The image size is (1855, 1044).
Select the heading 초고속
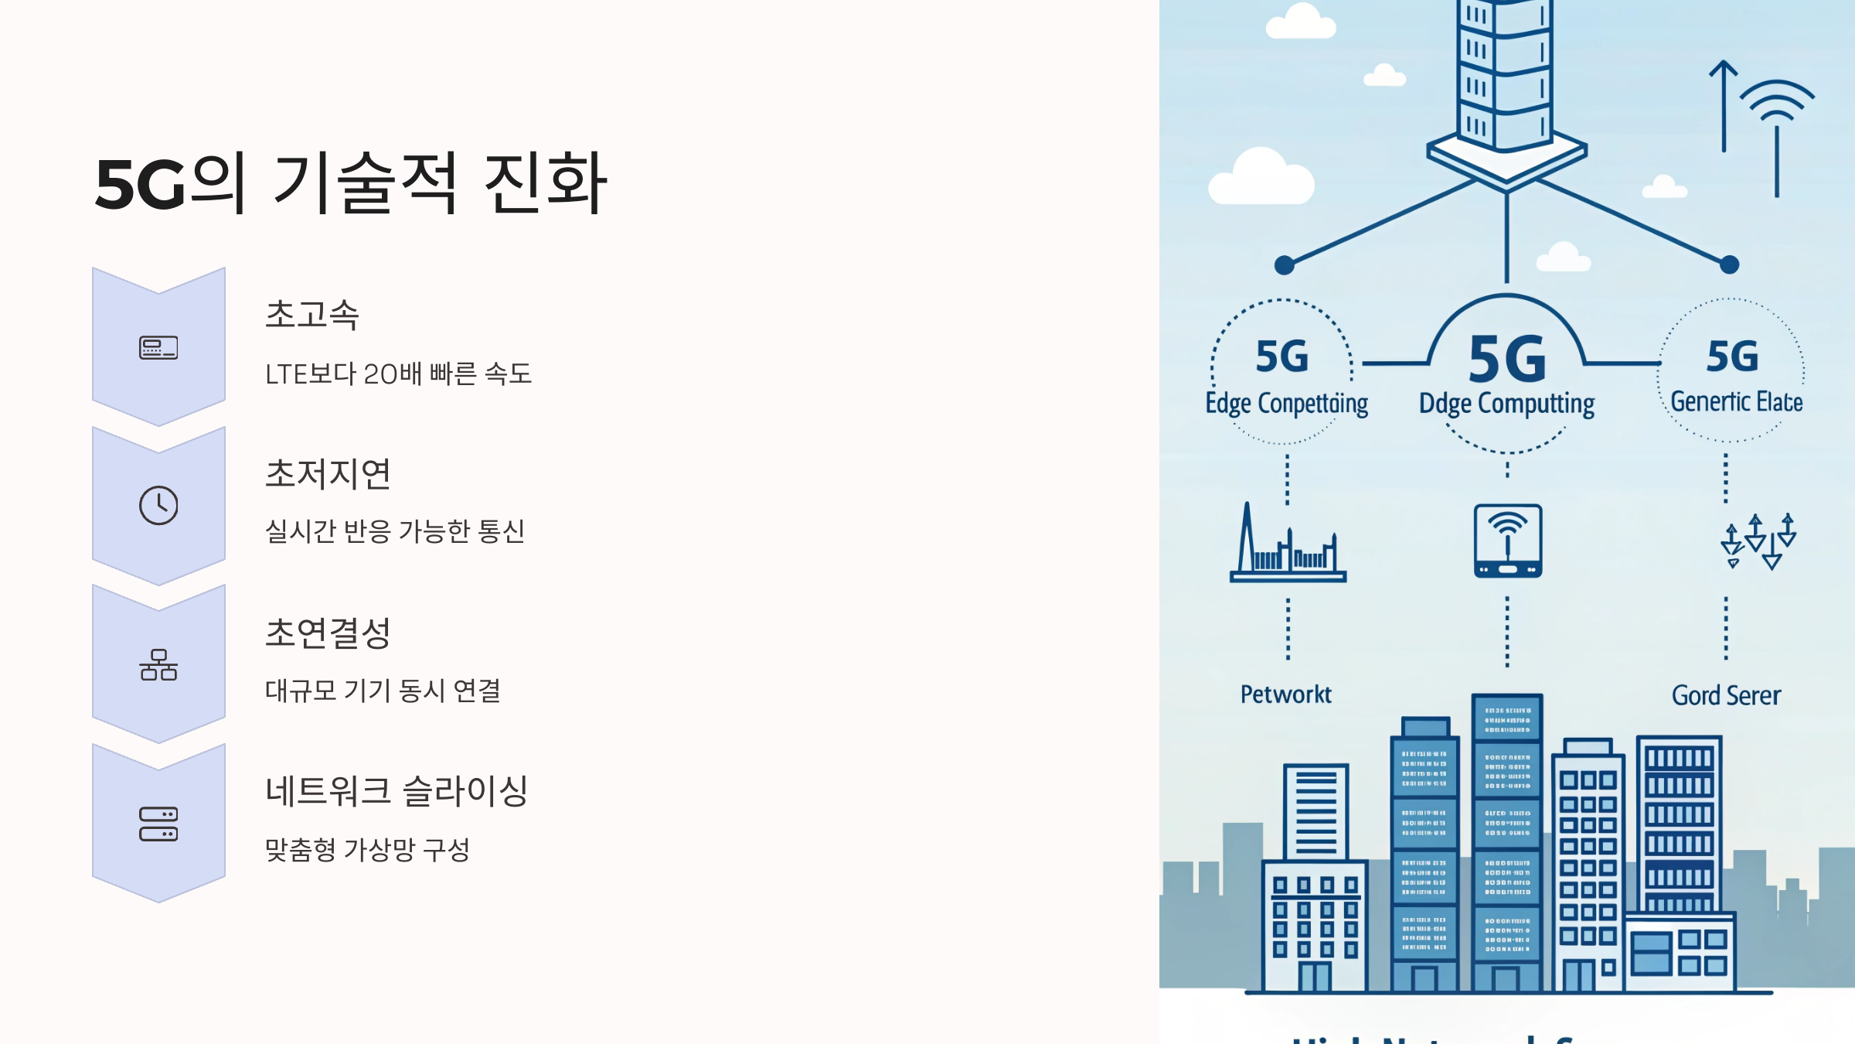[312, 315]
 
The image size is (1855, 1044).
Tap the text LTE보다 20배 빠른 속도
[398, 374]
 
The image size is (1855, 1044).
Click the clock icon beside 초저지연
[158, 506]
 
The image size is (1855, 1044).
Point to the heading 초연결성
[328, 633]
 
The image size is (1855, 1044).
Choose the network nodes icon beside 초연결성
[158, 665]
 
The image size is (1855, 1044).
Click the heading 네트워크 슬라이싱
[397, 791]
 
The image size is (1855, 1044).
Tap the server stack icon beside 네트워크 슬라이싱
[158, 824]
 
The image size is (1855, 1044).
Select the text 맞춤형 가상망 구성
[367, 850]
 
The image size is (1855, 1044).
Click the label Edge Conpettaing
[1286, 404]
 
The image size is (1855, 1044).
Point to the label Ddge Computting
[1506, 404]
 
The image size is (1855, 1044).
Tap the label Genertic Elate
[1736, 402]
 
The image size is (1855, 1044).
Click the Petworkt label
[1286, 694]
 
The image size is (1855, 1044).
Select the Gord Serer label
[1726, 695]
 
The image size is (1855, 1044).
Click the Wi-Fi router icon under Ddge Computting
[1507, 541]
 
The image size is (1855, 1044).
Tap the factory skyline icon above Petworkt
[1288, 544]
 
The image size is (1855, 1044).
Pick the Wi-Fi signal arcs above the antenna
[1777, 101]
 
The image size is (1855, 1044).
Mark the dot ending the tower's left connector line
[1285, 265]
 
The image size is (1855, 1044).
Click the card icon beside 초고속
[158, 348]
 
